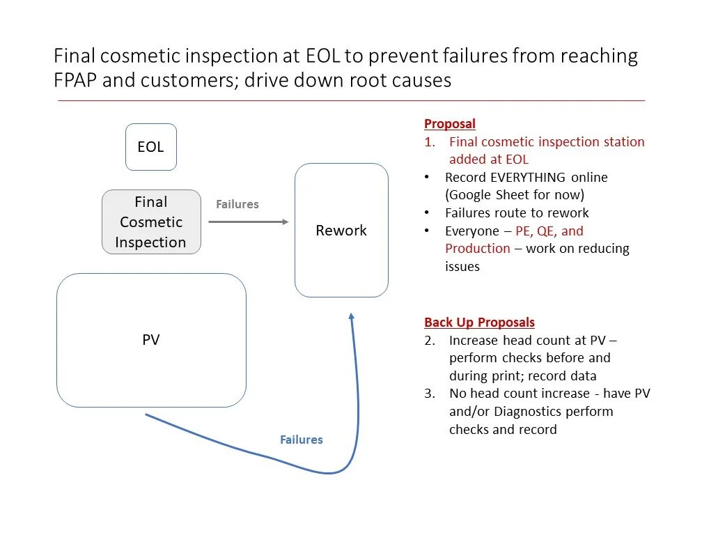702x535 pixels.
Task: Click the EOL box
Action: [x=150, y=147]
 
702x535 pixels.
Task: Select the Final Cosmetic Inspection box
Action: [x=151, y=222]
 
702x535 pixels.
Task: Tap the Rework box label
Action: [x=341, y=231]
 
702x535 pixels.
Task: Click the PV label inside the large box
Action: [x=150, y=340]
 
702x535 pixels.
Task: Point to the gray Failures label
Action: [x=237, y=204]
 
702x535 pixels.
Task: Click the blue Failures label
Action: [x=301, y=440]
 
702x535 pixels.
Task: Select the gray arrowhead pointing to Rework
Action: [x=284, y=222]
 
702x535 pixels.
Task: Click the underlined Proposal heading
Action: [x=449, y=124]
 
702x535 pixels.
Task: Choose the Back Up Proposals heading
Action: [x=479, y=323]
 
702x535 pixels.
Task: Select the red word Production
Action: [x=478, y=249]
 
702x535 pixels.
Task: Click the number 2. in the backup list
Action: [x=430, y=341]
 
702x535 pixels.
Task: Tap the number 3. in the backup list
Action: [x=430, y=394]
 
